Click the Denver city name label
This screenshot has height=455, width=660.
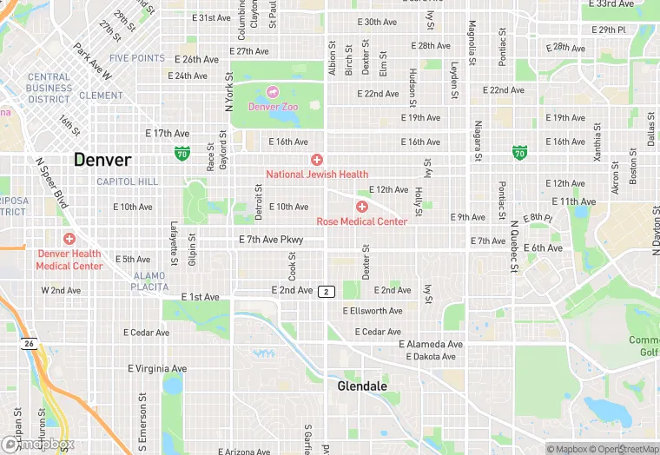[102, 160]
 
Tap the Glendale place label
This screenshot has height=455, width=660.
[361, 386]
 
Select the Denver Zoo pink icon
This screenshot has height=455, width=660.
[273, 92]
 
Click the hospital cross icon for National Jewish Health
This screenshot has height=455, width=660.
[317, 160]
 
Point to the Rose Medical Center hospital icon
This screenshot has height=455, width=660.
[361, 207]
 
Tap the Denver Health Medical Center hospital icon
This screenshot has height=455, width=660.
[69, 239]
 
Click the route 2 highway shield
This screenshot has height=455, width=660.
[327, 291]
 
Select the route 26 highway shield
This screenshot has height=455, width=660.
[29, 344]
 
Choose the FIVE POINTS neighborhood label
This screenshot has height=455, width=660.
[137, 58]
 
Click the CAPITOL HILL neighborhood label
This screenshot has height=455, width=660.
[128, 181]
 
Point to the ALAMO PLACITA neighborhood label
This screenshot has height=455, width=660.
[148, 280]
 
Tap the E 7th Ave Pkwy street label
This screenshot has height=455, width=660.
[275, 239]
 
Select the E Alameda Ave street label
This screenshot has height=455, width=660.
[431, 344]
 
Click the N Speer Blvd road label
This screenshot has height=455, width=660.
[51, 182]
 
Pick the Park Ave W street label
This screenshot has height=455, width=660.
[94, 62]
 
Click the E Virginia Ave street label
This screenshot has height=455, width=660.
[157, 368]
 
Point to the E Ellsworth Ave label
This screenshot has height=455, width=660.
[373, 311]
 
